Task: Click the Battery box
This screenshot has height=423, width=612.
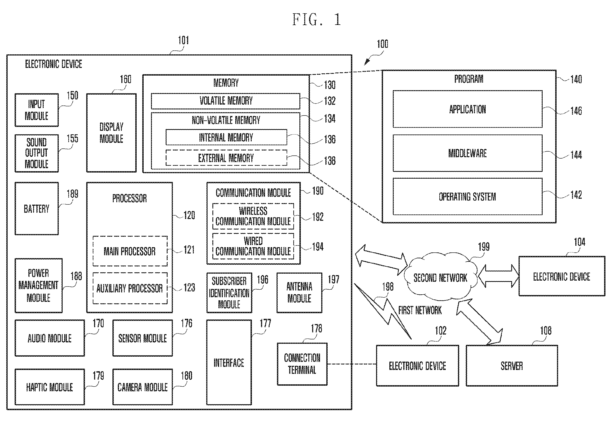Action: pos(36,208)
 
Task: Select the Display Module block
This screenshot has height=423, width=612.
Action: pos(112,133)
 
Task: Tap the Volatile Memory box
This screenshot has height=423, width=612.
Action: pos(226,101)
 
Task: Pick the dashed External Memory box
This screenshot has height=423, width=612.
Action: pos(226,158)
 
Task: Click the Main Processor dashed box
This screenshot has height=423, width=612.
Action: pos(130,251)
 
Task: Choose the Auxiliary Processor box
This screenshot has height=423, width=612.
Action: pos(130,288)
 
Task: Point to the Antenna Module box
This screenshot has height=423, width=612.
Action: pos(299,293)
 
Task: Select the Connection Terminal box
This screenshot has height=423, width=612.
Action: pos(302,364)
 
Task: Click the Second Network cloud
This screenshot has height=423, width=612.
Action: pos(440,277)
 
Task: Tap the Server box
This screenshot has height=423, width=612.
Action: pos(512,366)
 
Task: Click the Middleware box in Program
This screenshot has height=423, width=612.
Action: pos(468,153)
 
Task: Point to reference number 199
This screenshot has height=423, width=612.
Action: pos(484,247)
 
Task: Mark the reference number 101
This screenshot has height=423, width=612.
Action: pos(183,40)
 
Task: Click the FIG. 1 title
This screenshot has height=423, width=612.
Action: pos(317,20)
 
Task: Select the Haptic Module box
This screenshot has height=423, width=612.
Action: pos(50,387)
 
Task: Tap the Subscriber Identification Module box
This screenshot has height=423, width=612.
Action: pos(229,293)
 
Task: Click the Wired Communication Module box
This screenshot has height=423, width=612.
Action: pos(253,246)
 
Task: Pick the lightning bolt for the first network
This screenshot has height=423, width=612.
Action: pos(383,311)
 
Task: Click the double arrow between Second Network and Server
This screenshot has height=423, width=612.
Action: pos(479,322)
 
